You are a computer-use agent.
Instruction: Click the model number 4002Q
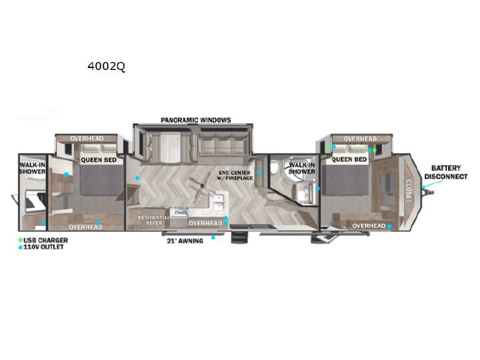(106, 66)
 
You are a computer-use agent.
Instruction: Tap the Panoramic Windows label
(196, 120)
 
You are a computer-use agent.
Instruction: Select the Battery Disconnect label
(446, 173)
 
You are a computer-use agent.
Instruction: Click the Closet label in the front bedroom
(409, 191)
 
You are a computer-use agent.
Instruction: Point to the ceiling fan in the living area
(201, 187)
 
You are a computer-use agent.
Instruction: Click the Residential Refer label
(154, 221)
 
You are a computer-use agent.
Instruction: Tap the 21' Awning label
(185, 241)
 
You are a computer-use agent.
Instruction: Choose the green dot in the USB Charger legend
(21, 240)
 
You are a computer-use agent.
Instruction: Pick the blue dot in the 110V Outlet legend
(21, 247)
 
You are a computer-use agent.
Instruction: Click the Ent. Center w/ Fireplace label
(235, 175)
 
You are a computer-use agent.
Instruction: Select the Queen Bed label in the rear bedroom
(99, 160)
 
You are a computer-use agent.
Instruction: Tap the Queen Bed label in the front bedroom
(349, 159)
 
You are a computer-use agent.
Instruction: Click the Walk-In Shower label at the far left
(32, 168)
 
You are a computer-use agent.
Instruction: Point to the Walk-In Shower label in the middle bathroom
(302, 169)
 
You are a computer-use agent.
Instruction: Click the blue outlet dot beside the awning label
(213, 237)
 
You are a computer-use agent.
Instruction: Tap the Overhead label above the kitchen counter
(205, 223)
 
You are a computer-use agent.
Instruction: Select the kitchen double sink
(219, 202)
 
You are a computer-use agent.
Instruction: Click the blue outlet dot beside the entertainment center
(259, 173)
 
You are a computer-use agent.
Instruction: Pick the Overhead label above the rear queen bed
(87, 139)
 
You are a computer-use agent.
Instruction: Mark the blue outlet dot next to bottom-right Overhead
(389, 226)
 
